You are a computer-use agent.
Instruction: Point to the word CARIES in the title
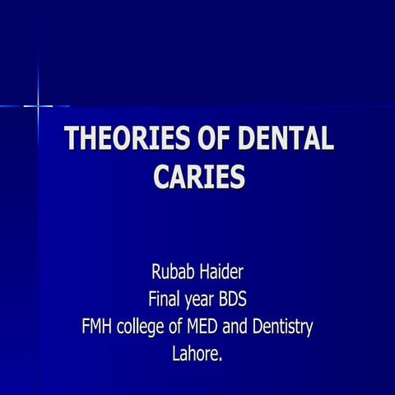tap(199, 176)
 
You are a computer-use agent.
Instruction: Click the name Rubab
tap(171, 271)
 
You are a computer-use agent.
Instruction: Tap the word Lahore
tap(195, 355)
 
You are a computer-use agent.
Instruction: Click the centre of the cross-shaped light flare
tap(38, 105)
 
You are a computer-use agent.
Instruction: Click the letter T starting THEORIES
tap(72, 139)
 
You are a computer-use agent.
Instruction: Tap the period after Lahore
tap(221, 360)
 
